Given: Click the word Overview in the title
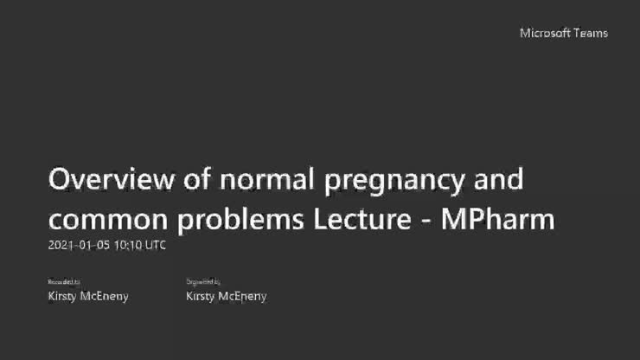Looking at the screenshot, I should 105,180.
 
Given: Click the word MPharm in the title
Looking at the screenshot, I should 497,219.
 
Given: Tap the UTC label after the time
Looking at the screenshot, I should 155,245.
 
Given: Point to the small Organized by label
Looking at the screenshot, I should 203,281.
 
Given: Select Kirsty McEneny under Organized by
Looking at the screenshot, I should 226,296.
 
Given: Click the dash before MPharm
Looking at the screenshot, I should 426,221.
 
